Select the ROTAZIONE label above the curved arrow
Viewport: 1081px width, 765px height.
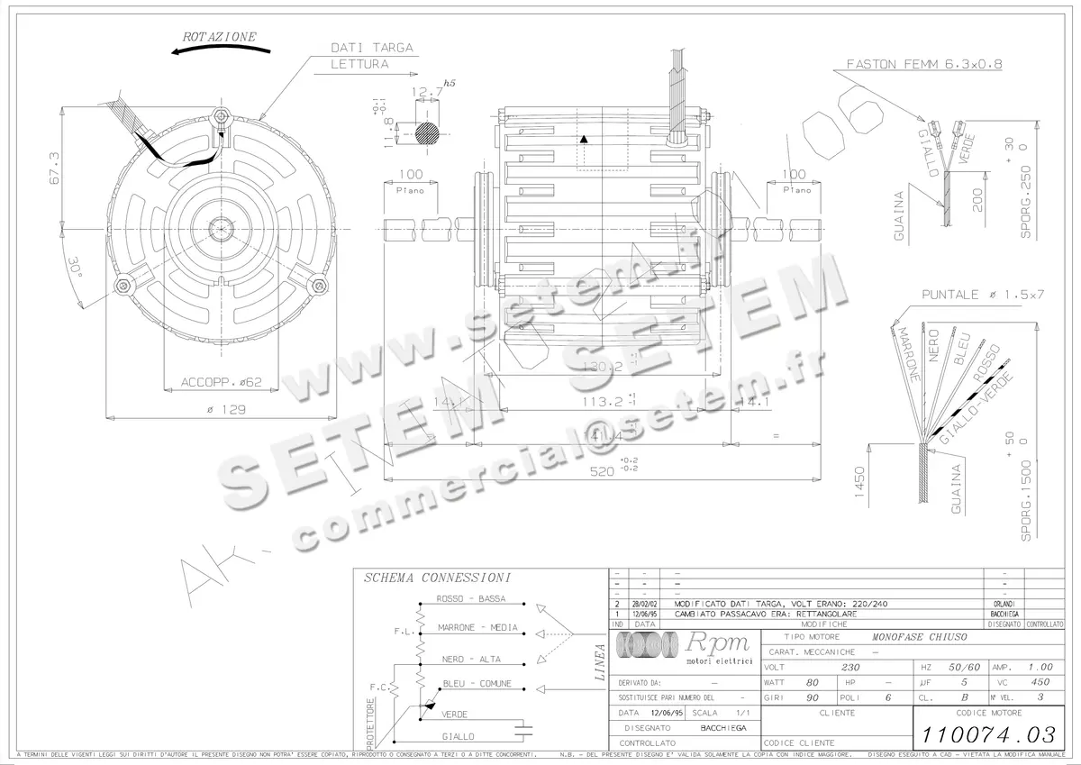point(220,37)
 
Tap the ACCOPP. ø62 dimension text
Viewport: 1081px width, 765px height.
point(222,382)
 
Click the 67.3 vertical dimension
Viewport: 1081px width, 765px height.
point(53,168)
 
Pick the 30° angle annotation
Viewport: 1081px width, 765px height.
point(75,268)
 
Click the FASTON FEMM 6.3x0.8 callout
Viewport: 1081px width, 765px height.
point(924,65)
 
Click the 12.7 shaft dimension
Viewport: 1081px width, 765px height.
point(422,91)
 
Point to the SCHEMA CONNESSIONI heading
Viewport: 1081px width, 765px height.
point(438,578)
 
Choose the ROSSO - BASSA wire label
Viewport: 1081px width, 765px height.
point(470,599)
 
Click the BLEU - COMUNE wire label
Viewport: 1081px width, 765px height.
point(477,684)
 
